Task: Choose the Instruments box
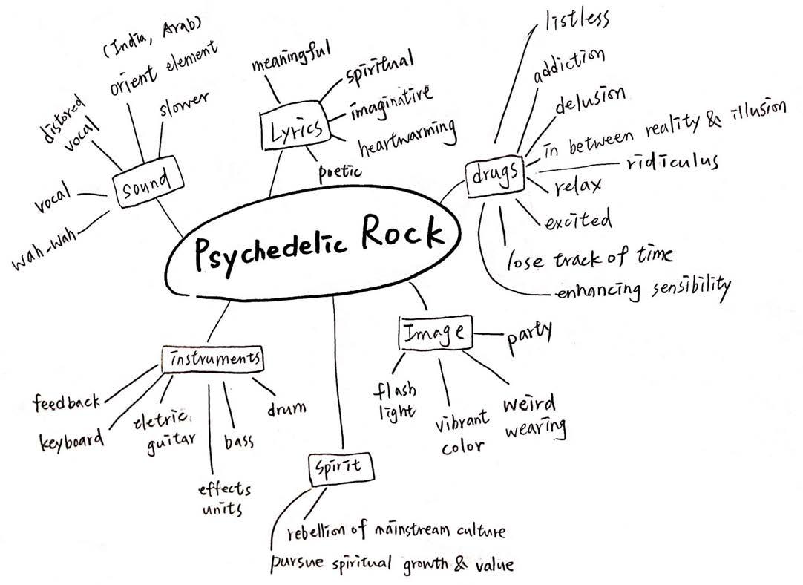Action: pyautogui.click(x=213, y=359)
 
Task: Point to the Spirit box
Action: pyautogui.click(x=338, y=468)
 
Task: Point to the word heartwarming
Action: pyautogui.click(x=407, y=137)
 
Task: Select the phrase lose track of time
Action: pyautogui.click(x=590, y=258)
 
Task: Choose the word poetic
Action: pyautogui.click(x=340, y=171)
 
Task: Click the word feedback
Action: pyautogui.click(x=67, y=402)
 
